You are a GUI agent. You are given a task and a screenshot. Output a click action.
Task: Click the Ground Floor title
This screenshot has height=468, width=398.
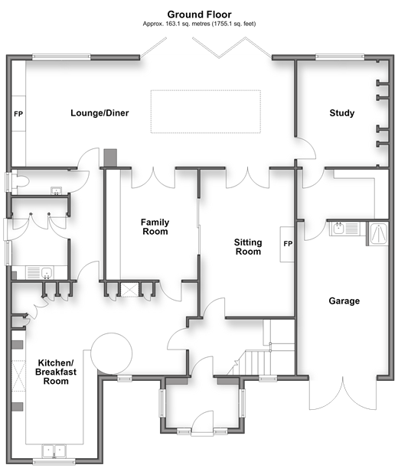pyautogui.click(x=199, y=15)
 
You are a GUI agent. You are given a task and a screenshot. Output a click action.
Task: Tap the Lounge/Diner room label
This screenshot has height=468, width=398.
pyautogui.click(x=99, y=113)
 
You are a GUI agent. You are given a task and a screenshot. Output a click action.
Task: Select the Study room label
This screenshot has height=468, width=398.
pyautogui.click(x=342, y=113)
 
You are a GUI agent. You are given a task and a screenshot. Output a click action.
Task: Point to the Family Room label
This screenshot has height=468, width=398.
pyautogui.click(x=155, y=227)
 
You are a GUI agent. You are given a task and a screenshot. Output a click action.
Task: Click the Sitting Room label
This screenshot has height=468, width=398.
pyautogui.click(x=248, y=247)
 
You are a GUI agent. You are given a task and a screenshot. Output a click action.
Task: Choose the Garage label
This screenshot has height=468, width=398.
pyautogui.click(x=344, y=301)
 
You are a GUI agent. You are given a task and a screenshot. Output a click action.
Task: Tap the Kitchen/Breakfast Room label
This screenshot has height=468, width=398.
pyautogui.click(x=56, y=372)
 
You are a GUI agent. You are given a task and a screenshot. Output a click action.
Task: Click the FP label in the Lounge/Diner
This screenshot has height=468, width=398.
pyautogui.click(x=18, y=114)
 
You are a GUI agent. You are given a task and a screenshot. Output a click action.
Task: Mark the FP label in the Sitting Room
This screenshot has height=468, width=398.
pyautogui.click(x=288, y=244)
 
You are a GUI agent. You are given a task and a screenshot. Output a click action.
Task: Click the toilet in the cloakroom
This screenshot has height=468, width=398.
pyautogui.click(x=21, y=182)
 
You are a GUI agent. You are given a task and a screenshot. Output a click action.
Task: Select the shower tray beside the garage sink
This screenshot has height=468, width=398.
pyautogui.click(x=378, y=234)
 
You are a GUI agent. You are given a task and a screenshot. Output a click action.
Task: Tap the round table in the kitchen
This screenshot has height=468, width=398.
pyautogui.click(x=112, y=354)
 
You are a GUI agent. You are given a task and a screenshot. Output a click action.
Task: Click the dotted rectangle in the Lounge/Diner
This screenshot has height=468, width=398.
pyautogui.click(x=206, y=112)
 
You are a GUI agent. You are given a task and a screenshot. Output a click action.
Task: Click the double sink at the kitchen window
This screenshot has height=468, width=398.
pyautogui.click(x=54, y=450)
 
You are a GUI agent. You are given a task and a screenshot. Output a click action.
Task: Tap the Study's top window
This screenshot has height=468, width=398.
pyautogui.click(x=340, y=57)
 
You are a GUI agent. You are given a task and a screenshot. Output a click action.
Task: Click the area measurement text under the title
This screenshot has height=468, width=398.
pyautogui.click(x=199, y=24)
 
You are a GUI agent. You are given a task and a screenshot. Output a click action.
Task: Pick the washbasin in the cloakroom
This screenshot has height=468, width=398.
pyautogui.click(x=56, y=190)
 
